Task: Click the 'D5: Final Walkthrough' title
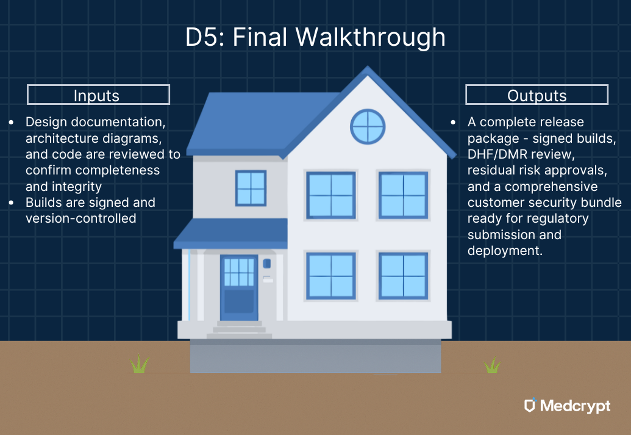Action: [315, 38]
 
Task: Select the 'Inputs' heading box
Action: [98, 95]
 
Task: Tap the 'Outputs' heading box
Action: [537, 95]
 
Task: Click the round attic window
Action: [368, 127]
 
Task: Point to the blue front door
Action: [238, 287]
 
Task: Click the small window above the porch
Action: [251, 188]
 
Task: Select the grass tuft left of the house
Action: [140, 365]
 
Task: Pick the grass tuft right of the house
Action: [492, 365]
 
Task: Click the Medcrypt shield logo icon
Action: [530, 406]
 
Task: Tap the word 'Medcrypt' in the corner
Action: [575, 406]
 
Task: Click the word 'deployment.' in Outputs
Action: [505, 250]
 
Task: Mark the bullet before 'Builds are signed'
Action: [12, 203]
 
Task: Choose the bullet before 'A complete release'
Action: [453, 123]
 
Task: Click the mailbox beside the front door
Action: [267, 264]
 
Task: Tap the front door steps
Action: [239, 330]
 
